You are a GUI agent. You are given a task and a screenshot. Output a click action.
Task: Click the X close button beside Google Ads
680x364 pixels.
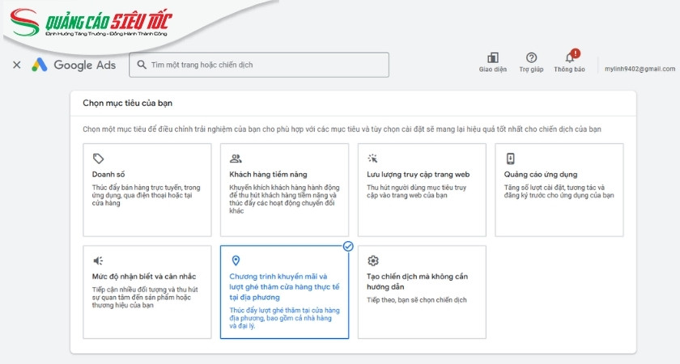point(17,65)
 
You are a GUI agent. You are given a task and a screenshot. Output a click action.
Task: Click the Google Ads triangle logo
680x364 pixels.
point(40,65)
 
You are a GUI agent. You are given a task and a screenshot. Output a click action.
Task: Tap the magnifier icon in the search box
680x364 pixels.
point(142,65)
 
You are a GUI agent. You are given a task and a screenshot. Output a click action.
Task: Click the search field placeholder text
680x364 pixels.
point(208,65)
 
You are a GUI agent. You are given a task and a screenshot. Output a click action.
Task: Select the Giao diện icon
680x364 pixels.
point(492,57)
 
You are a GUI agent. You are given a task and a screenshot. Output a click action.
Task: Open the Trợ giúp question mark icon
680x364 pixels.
point(531,57)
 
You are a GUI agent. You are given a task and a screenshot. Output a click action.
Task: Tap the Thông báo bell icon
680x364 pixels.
point(570,57)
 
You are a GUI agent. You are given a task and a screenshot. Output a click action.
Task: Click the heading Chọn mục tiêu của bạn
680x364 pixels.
point(128,104)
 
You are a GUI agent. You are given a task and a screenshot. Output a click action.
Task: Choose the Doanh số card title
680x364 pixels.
point(109,175)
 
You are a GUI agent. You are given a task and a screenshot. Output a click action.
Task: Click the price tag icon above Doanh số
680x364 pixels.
point(98,159)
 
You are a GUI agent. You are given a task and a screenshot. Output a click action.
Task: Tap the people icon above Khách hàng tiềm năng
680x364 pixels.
point(236,159)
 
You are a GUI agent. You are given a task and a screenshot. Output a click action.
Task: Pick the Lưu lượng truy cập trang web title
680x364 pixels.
point(419,175)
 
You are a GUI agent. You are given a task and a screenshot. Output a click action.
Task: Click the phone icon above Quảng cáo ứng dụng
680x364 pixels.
point(510,159)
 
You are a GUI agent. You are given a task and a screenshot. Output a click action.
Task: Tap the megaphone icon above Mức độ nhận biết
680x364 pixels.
point(98,260)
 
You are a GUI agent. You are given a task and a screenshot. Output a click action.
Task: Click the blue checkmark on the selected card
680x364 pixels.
point(348,246)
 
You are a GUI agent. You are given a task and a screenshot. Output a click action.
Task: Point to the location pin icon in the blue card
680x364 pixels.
point(236,260)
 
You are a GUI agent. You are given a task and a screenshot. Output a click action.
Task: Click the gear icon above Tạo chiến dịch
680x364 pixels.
point(373,260)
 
